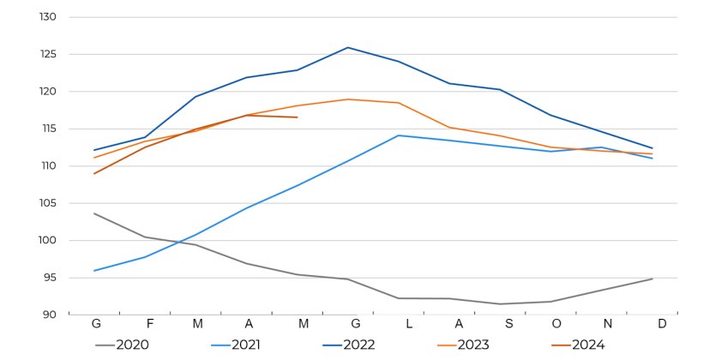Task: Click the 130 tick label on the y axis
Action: (47, 17)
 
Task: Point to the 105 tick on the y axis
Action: (47, 203)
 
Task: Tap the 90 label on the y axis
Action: (49, 315)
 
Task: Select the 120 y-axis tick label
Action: (47, 92)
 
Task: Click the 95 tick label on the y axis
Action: (49, 278)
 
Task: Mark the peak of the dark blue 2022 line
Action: (348, 48)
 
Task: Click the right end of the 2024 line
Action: (297, 117)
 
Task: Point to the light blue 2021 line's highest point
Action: (399, 135)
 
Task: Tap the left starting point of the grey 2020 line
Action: (94, 213)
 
